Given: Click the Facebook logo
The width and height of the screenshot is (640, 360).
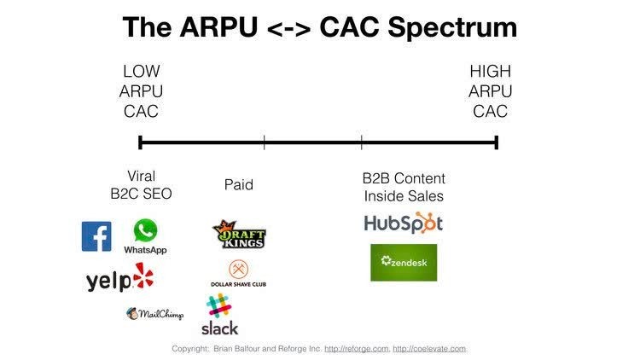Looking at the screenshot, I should [96, 236].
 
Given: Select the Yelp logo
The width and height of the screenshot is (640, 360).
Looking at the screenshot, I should [120, 278].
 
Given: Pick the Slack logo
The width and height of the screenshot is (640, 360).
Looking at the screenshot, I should [219, 315].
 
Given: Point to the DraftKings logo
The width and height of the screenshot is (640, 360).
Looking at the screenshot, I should [239, 235].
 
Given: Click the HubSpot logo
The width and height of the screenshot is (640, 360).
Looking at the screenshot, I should [404, 224].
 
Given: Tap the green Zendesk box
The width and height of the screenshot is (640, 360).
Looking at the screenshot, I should [404, 263].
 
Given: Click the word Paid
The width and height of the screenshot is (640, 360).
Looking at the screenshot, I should [239, 185].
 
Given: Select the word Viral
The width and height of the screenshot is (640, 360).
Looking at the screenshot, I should [141, 177].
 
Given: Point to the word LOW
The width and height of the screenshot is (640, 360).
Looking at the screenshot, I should [141, 72].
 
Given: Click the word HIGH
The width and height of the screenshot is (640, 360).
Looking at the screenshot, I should [490, 72].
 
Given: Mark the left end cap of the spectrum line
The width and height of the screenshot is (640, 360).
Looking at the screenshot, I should [140, 142].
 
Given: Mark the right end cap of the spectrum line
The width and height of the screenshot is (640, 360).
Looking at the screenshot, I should [496, 142].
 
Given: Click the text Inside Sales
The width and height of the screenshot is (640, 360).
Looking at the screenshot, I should [404, 196].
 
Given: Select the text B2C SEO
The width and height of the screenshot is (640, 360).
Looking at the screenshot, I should [141, 194].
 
